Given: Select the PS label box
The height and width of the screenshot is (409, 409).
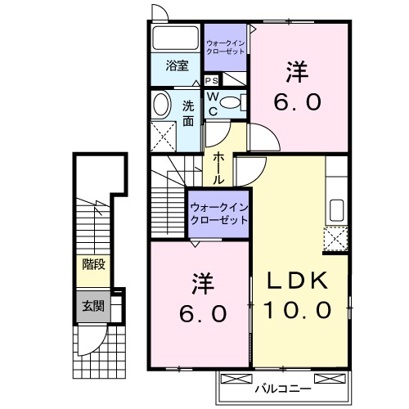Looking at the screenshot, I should (211, 81).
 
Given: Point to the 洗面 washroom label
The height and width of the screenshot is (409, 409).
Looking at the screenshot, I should (188, 112).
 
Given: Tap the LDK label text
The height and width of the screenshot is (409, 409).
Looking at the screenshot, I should (299, 281).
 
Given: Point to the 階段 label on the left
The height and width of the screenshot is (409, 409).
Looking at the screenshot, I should (92, 263).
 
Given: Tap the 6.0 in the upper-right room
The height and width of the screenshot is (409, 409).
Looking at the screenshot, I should (297, 103).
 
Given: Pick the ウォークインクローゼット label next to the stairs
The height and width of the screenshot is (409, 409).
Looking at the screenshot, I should (218, 215).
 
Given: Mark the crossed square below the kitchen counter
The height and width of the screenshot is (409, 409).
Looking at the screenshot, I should (335, 239).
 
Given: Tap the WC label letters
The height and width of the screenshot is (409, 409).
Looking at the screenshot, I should (211, 103).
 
